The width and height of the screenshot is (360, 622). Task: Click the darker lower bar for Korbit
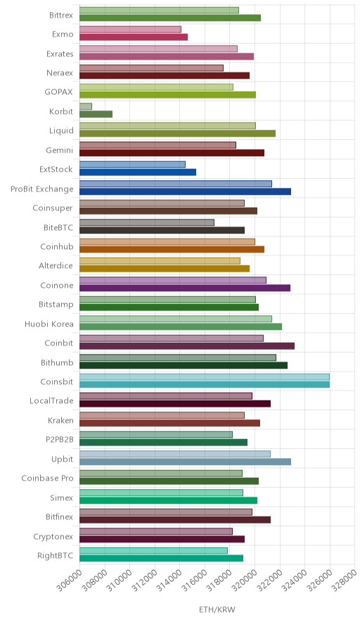pos(96,114)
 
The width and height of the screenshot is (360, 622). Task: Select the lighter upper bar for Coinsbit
pos(205,377)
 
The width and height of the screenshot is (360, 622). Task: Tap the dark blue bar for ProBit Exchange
pos(185,191)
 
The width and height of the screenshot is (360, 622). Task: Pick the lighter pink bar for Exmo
pos(131,30)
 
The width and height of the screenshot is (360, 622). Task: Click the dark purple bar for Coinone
pos(185,288)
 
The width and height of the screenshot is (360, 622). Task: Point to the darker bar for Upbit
pos(185,462)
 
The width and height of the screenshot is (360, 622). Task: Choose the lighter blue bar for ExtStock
pos(132,165)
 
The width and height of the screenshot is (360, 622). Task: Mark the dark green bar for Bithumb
pos(184,365)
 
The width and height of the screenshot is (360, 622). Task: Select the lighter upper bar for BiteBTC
pos(147,222)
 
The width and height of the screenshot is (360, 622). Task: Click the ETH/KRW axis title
pos(217,610)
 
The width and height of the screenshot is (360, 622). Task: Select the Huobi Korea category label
pos(49,324)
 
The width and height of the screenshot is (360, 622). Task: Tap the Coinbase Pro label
pos(48,478)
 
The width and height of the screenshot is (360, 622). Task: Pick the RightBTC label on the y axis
pos(55,556)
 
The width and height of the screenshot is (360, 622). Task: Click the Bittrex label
pos(61,15)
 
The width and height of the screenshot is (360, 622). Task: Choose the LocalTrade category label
pos(51,401)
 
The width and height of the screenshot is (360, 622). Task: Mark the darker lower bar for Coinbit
pos(187,346)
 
